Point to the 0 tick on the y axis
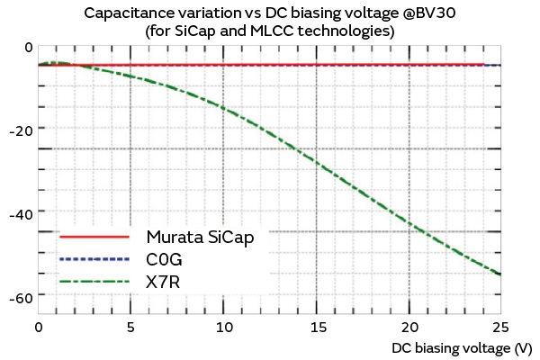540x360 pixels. click(28, 48)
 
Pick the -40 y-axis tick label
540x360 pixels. click(22, 214)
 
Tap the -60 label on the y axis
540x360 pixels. click(22, 297)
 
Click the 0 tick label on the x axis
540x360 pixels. click(38, 327)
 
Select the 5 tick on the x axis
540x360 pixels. click(130, 327)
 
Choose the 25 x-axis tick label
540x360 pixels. click(500, 327)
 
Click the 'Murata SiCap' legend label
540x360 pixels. click(205, 238)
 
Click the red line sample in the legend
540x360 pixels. click(94, 238)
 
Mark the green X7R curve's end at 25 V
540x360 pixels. click(500, 274)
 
